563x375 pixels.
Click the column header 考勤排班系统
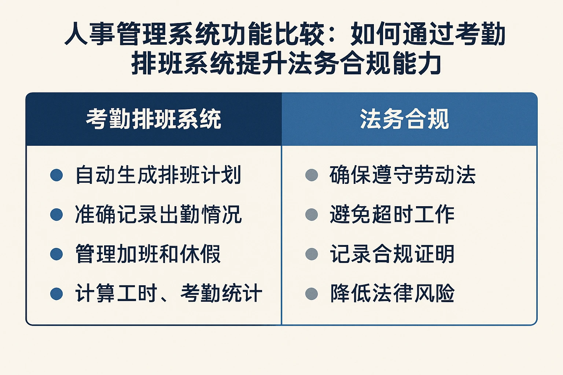154,119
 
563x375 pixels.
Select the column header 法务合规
404,119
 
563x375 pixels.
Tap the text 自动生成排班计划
158,175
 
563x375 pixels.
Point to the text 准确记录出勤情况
158,215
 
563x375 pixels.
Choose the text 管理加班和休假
148,254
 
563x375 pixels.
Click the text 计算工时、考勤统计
168,293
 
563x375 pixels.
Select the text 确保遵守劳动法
402,175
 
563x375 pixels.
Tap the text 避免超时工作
392,215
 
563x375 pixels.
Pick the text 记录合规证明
392,254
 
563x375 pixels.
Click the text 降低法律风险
392,293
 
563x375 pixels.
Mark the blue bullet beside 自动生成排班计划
56,175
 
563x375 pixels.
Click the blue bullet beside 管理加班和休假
56,254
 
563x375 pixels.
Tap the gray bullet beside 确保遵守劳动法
312,175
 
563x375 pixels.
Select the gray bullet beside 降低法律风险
312,293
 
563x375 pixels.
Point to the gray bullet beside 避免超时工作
312,215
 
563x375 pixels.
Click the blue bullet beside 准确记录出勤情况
56,215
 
